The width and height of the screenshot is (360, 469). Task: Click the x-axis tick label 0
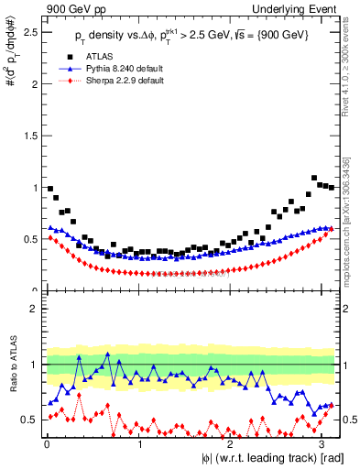[x=47, y=444]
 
